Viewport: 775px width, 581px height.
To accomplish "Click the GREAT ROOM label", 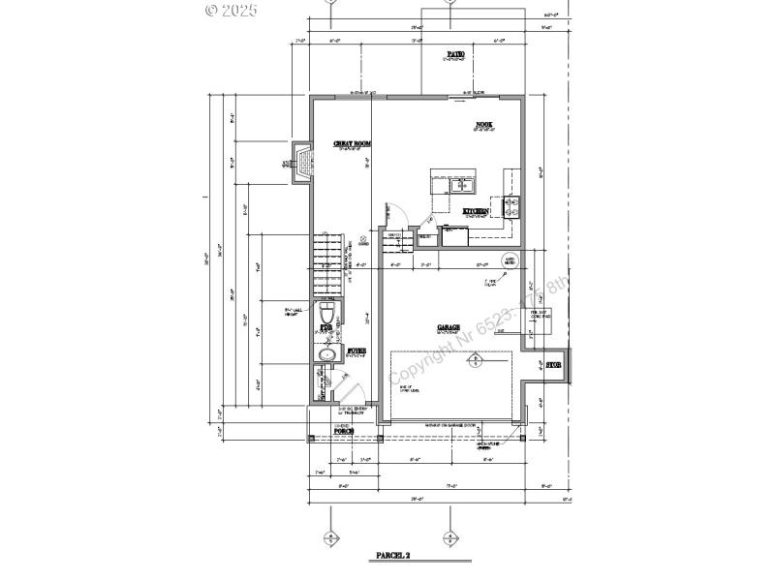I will (353, 144).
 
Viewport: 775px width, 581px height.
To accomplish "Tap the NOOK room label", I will (484, 125).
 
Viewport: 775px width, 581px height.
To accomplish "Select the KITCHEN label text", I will (475, 211).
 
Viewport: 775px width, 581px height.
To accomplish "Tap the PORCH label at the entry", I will (344, 430).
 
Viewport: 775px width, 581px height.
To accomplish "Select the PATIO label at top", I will (454, 54).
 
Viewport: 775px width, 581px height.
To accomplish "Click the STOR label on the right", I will (553, 365).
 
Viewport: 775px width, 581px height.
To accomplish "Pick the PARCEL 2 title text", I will (392, 556).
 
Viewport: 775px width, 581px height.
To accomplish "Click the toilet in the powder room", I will (326, 315).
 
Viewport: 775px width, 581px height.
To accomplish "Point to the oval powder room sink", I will (325, 355).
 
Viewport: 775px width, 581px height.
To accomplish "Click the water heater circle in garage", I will (510, 260).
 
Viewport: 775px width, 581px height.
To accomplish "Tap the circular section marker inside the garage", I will (475, 361).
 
